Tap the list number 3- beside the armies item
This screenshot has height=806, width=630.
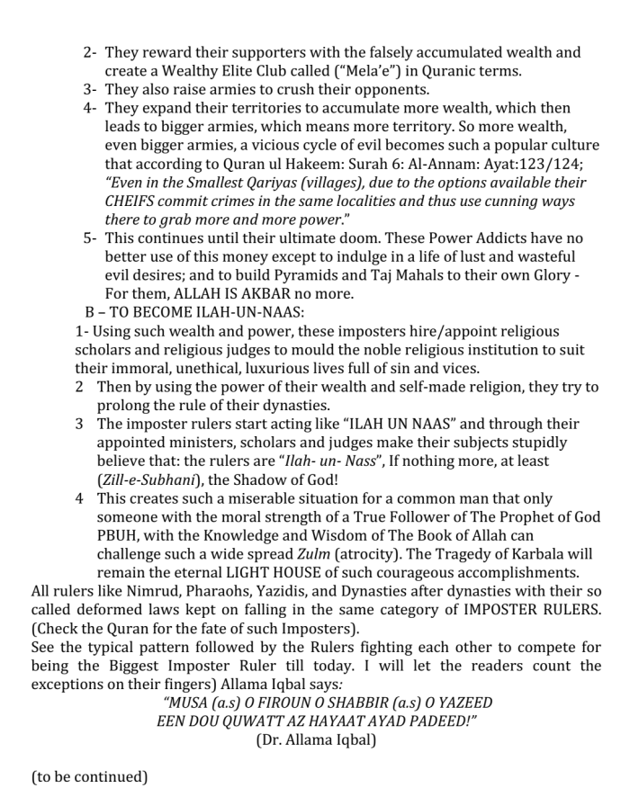click(x=90, y=90)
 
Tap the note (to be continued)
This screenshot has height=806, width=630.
click(x=89, y=777)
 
